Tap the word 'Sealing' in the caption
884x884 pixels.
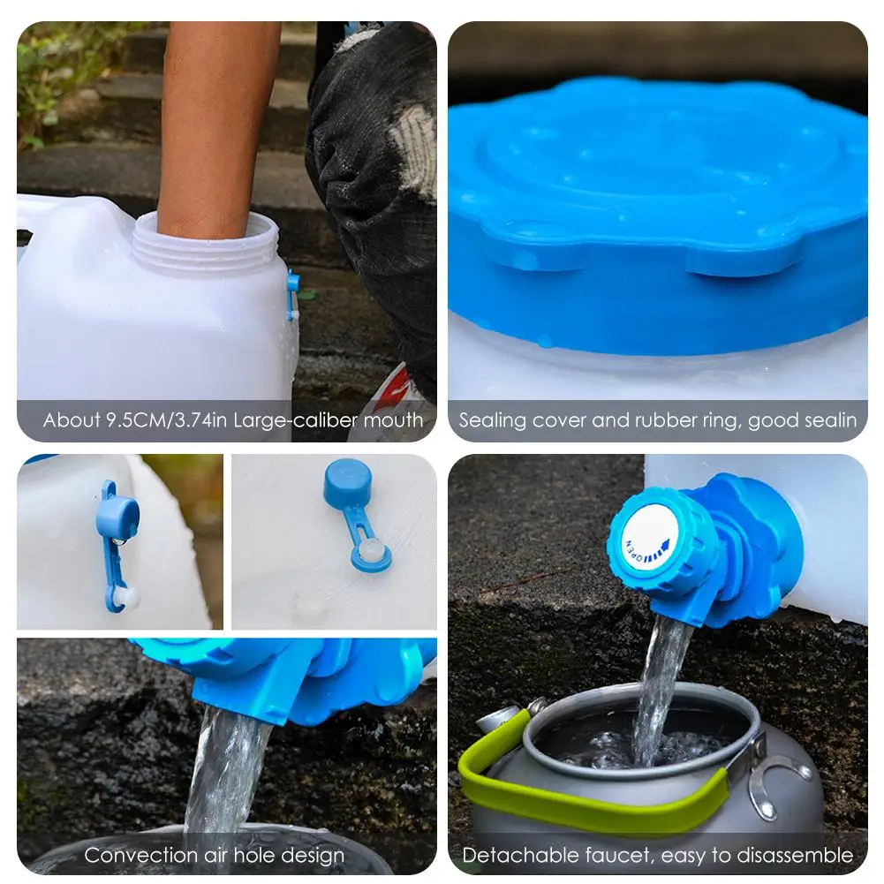click(492, 420)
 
